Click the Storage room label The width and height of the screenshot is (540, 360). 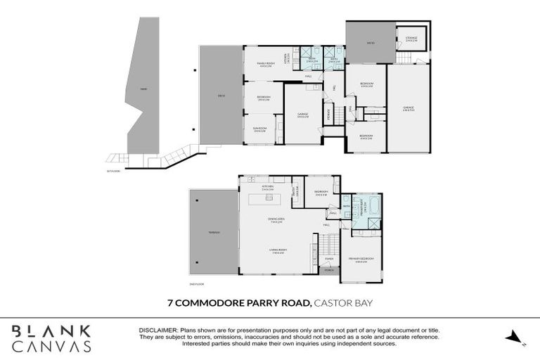click(x=411, y=39)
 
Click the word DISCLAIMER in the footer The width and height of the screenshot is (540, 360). click(x=160, y=329)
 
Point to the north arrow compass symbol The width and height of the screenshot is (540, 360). click(x=515, y=337)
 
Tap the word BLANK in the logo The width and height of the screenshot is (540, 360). click(x=51, y=330)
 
